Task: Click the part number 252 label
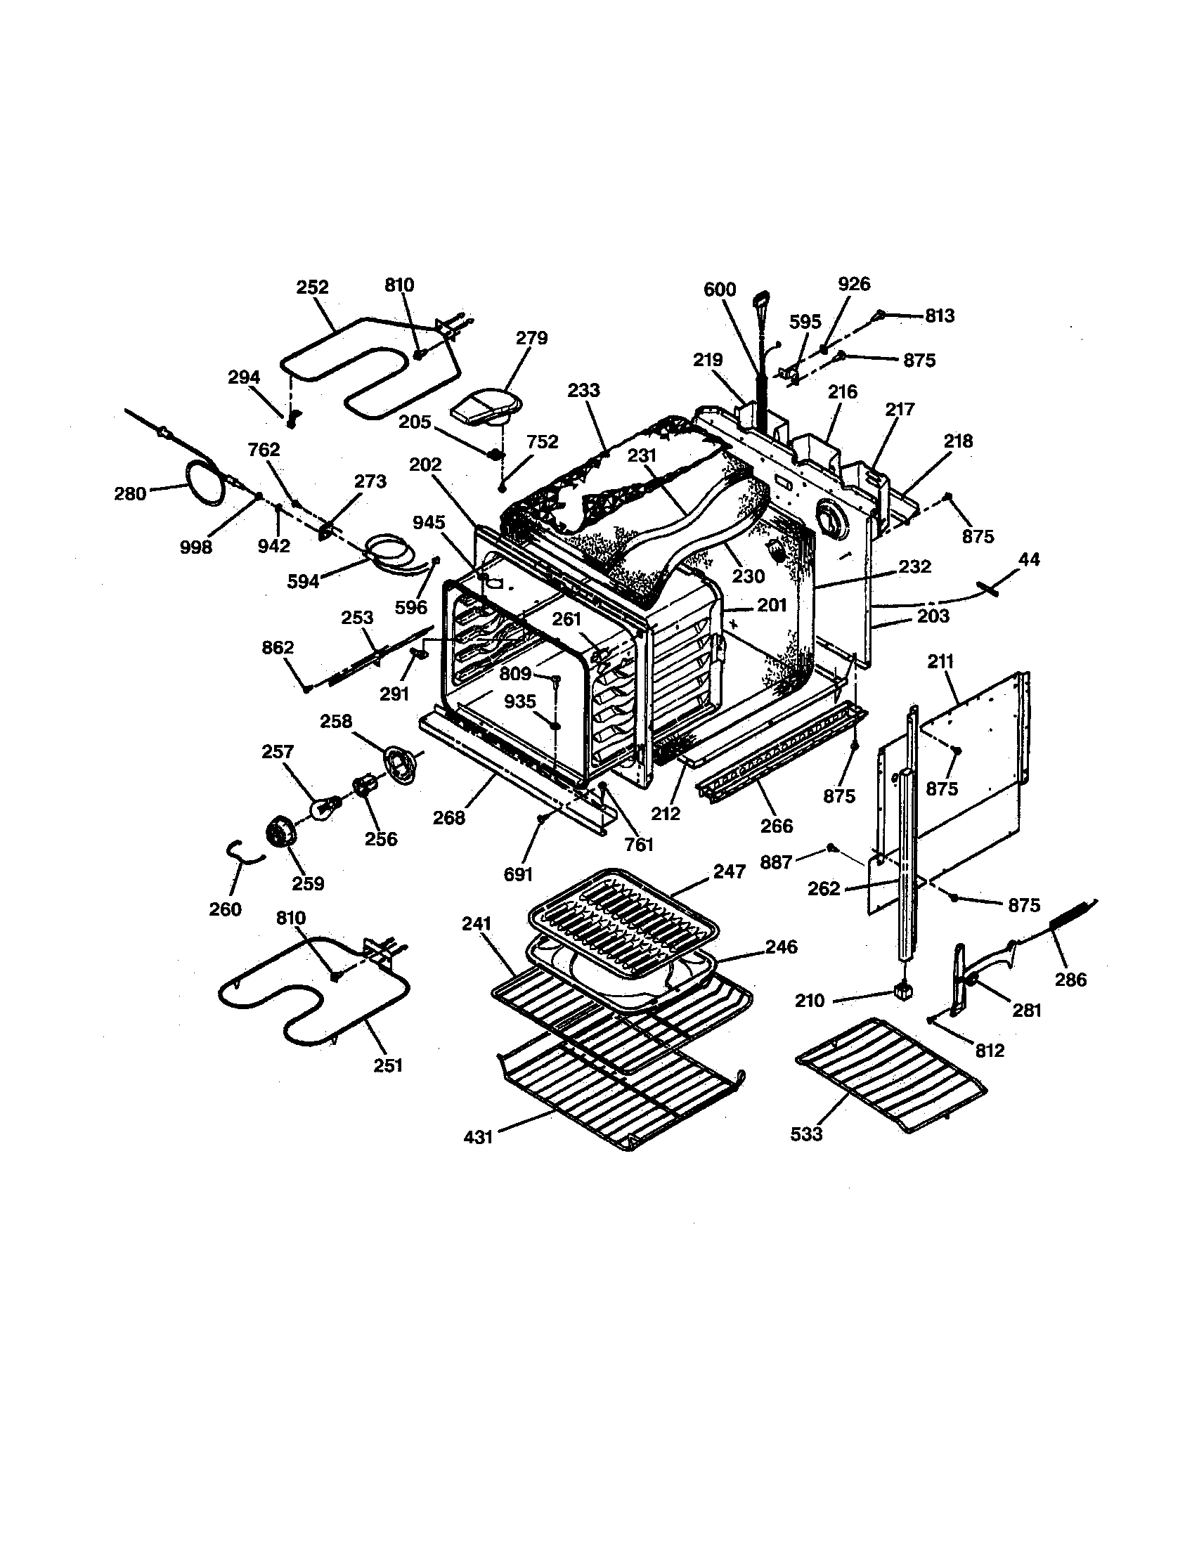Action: [x=312, y=287]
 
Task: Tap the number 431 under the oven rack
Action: [x=479, y=1138]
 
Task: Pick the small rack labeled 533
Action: [x=891, y=1072]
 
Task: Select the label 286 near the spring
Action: [x=1070, y=980]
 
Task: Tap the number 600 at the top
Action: [x=720, y=290]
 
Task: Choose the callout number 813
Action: [x=939, y=316]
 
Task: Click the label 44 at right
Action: [x=1028, y=559]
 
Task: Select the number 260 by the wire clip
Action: [x=225, y=909]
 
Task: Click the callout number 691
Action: [x=517, y=875]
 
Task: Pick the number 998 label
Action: [x=196, y=547]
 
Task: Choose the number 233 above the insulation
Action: [x=584, y=391]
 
